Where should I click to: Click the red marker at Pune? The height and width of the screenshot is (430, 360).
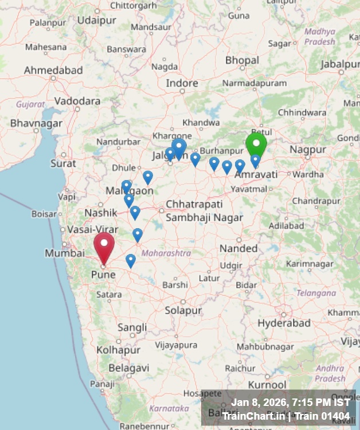[104, 245]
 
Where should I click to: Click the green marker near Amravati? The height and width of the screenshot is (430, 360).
[256, 144]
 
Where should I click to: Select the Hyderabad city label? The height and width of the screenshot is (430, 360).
[284, 323]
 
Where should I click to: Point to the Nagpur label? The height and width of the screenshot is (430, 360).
[308, 150]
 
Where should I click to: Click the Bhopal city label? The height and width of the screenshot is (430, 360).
[242, 60]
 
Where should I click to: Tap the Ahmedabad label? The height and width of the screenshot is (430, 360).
[53, 70]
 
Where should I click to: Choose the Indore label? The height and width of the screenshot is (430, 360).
[182, 83]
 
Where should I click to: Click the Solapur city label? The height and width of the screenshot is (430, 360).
[183, 310]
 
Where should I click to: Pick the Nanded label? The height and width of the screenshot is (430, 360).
[239, 248]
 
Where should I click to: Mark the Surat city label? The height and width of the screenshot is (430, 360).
[63, 163]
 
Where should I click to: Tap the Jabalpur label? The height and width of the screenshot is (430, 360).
[340, 64]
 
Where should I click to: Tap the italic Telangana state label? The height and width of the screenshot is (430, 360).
[316, 292]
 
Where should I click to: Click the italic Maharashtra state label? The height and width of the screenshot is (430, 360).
[166, 253]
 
